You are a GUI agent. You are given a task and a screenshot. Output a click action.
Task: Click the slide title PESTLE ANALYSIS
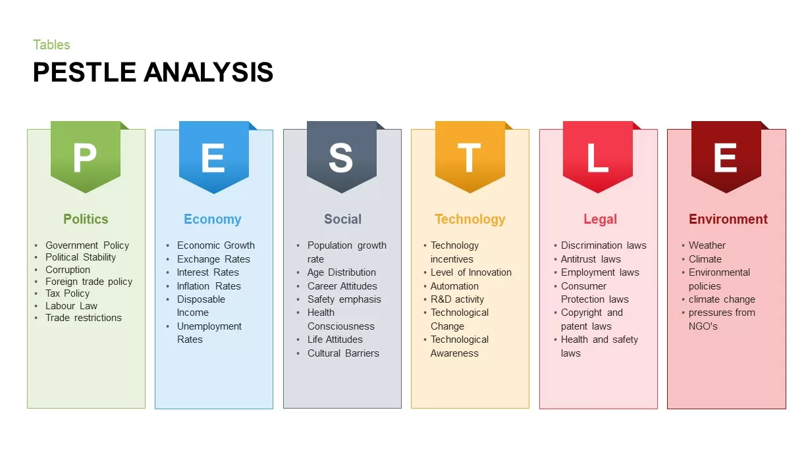pyautogui.click(x=153, y=72)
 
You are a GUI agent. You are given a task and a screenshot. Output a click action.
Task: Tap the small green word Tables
pyautogui.click(x=51, y=45)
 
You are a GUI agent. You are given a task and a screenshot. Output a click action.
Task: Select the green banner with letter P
pyautogui.click(x=86, y=157)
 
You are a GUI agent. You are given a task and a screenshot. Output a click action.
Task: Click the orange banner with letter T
pyautogui.click(x=470, y=157)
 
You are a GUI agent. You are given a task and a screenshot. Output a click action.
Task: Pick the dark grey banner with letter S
pyautogui.click(x=341, y=157)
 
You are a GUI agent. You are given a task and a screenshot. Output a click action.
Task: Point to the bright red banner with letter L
pyautogui.click(x=597, y=157)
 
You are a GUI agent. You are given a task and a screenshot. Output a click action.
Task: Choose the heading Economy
pyautogui.click(x=212, y=219)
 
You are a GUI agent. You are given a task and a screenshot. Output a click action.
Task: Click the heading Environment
pyautogui.click(x=728, y=219)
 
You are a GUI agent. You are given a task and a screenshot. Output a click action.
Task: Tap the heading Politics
pyautogui.click(x=86, y=219)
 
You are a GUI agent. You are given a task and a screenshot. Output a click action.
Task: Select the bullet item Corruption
pyautogui.click(x=67, y=270)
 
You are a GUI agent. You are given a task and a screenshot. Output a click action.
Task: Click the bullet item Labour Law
pyautogui.click(x=71, y=306)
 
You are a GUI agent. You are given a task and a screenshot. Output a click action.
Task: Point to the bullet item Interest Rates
pyautogui.click(x=207, y=272)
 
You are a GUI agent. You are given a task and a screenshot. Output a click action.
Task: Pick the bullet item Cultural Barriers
pyautogui.click(x=343, y=353)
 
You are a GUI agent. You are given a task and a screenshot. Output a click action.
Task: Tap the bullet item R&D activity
pyautogui.click(x=457, y=299)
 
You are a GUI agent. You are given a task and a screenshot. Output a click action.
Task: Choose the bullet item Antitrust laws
pyautogui.click(x=591, y=259)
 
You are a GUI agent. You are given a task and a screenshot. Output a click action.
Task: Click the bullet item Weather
pyautogui.click(x=707, y=245)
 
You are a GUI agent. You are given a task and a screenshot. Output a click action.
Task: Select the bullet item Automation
pyautogui.click(x=454, y=286)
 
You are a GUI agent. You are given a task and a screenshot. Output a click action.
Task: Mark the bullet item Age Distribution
pyautogui.click(x=341, y=272)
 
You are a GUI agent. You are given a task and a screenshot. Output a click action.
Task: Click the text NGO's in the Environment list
pyautogui.click(x=703, y=326)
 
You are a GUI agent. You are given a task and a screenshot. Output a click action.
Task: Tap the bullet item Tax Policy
pyautogui.click(x=67, y=293)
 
